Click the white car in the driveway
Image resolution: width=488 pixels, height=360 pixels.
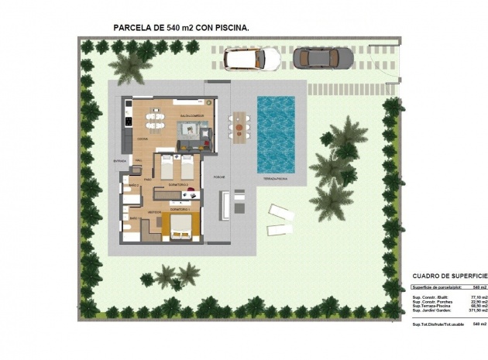tap(251, 58)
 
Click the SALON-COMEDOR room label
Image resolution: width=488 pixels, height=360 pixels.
tap(192, 117)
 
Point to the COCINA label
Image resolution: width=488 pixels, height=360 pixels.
tap(143, 139)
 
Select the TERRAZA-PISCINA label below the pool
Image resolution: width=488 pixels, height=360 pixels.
tap(276, 179)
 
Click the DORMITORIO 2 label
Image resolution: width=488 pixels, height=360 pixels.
tap(177, 187)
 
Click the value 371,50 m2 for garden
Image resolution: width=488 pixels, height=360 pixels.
tap(467, 310)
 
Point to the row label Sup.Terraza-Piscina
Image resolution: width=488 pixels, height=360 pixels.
tap(431, 305)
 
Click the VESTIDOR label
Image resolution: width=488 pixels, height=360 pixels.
tap(154, 211)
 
